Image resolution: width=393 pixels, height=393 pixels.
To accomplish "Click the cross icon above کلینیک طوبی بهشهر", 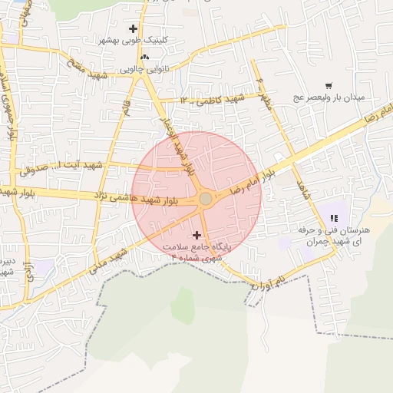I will pos(133,28).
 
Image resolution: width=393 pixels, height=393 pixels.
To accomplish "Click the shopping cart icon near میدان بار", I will pos(329,86).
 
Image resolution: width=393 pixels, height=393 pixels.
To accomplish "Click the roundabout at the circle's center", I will pos(206,199).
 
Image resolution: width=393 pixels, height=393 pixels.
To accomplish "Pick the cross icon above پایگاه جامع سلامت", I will pos(197,234).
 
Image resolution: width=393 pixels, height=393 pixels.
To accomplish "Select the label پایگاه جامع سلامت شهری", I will pos(196,253).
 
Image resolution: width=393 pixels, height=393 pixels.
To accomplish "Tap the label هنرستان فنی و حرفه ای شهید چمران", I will pos(338,236).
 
